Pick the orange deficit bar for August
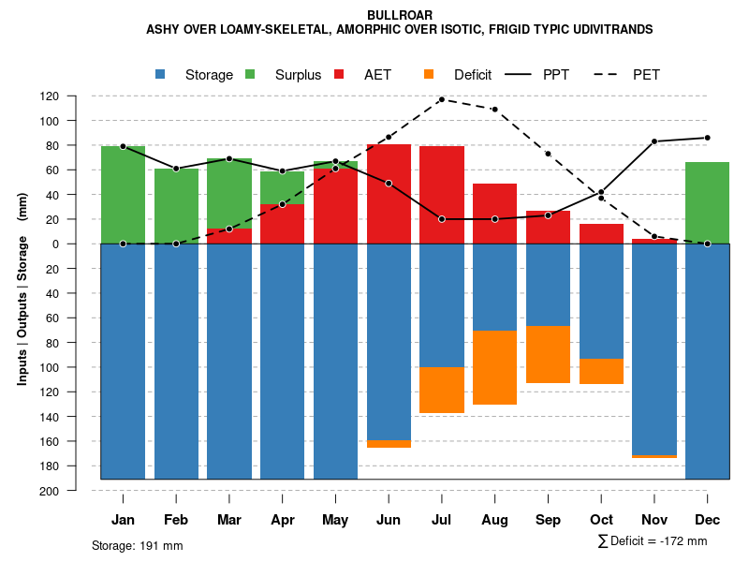pyautogui.click(x=495, y=367)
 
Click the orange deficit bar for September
pyautogui.click(x=549, y=354)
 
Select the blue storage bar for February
pyautogui.click(x=176, y=361)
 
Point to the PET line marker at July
pyautogui.click(x=442, y=99)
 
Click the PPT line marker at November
pyautogui.click(x=654, y=141)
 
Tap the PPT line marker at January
pyautogui.click(x=123, y=146)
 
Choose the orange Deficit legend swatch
pyautogui.click(x=430, y=75)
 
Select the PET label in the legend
pyautogui.click(x=646, y=75)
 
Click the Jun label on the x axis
pyautogui.click(x=389, y=520)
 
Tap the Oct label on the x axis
pyautogui.click(x=601, y=520)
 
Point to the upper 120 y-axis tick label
pyautogui.click(x=76, y=96)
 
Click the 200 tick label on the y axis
pyautogui.click(x=76, y=491)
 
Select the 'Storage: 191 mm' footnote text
pyautogui.click(x=137, y=545)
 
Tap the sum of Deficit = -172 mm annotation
pyautogui.click(x=653, y=541)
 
